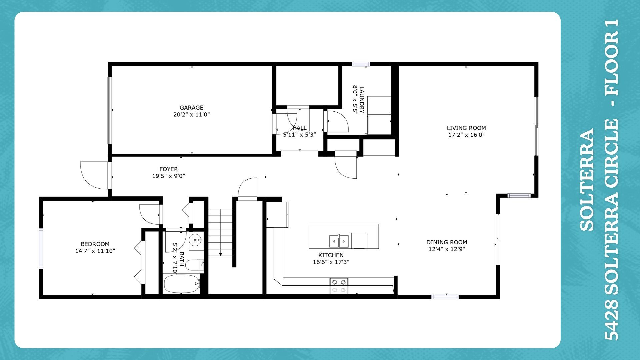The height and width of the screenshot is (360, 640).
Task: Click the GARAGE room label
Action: [191, 108]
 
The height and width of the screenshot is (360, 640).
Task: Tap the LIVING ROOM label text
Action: [466, 128]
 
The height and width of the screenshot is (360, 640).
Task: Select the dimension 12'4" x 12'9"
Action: [446, 249]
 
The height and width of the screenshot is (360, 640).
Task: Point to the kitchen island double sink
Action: [339, 241]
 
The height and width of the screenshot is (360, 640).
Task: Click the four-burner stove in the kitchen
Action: [339, 286]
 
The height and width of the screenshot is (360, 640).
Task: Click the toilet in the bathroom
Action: [194, 265]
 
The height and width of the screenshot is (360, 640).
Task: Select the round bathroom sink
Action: [196, 239]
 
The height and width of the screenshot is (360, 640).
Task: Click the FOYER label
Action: [168, 169]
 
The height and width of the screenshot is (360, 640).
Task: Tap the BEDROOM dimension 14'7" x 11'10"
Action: [95, 251]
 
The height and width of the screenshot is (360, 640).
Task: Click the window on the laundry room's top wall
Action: [361, 64]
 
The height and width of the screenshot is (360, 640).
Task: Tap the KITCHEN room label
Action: [331, 255]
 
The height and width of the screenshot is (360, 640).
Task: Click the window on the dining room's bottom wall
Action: [445, 297]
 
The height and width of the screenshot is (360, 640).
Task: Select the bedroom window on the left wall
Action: [41, 248]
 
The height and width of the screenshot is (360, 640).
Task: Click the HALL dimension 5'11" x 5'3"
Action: [299, 135]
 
